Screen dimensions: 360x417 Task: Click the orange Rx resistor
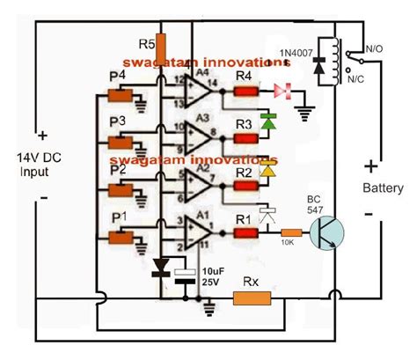[x=258, y=300]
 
